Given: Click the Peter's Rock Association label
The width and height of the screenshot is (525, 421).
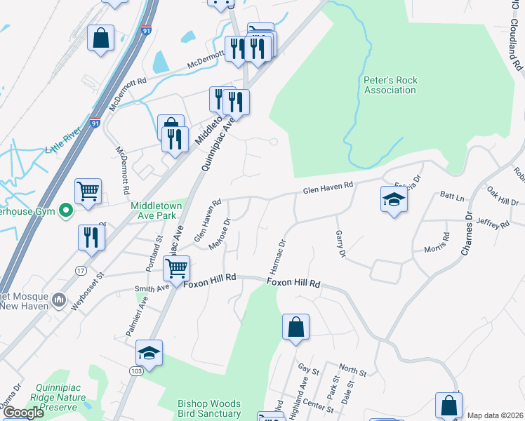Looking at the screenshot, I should coord(390,85).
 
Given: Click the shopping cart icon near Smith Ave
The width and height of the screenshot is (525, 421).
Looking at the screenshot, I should coord(176,267).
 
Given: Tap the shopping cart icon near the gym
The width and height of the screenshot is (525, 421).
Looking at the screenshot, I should coord(88,190).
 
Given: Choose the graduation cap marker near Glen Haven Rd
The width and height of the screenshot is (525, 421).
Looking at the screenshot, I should coord(394,199).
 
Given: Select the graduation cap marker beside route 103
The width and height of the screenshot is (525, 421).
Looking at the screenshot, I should coord(149,352).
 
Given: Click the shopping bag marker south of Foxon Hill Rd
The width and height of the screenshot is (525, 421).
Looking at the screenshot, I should coord(295,326).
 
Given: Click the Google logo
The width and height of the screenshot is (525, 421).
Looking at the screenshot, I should coord(24,413).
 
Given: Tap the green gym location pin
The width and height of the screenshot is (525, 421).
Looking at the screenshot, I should coord(66,210).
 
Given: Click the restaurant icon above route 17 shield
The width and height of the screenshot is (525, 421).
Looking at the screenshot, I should coord(92,237).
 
